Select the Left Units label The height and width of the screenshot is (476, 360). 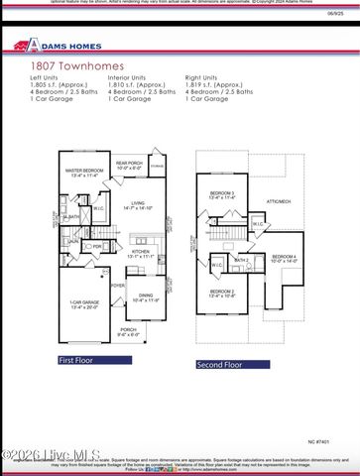click(45, 76)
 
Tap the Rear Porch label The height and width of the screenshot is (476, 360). click(129, 163)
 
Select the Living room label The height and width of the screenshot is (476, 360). click(138, 205)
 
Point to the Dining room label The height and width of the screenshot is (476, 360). click(146, 296)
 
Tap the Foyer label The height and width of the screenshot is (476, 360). click(118, 285)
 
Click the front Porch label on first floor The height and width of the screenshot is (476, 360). click(128, 330)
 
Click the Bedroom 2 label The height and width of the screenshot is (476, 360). click(221, 292)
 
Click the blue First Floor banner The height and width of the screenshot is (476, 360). click(76, 360)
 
